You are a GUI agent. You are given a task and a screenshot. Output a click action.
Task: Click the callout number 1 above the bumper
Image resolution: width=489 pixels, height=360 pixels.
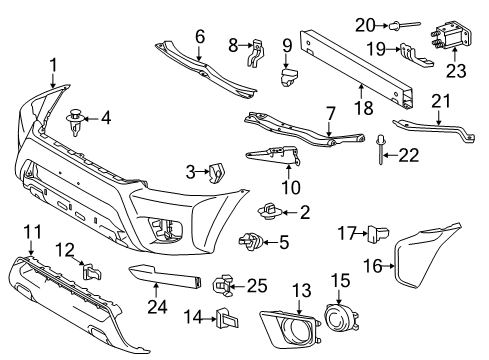tap(52, 66)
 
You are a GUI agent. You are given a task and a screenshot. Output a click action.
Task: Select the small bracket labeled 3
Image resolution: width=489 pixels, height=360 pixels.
tap(213, 173)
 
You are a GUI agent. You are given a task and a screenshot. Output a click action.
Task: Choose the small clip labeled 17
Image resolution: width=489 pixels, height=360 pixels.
tap(379, 233)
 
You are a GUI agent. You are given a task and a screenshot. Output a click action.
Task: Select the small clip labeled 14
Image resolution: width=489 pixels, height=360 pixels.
tap(223, 322)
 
